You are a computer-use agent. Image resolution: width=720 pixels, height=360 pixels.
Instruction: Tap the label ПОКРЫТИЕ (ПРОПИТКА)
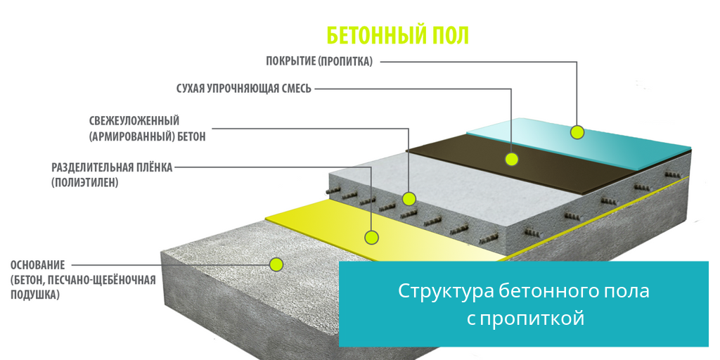(319, 61)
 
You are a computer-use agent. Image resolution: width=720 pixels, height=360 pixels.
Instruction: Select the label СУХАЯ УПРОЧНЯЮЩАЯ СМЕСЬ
(243, 89)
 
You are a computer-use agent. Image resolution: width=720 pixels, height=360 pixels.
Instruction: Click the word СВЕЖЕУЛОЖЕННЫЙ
(134, 122)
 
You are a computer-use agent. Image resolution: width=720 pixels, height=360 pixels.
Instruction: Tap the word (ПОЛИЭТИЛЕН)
(85, 182)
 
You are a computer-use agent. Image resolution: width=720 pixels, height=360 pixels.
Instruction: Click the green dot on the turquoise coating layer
(577, 131)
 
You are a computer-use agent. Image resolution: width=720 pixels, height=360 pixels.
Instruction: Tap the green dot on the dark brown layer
(511, 159)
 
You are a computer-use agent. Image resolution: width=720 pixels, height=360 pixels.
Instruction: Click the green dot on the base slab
(276, 264)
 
